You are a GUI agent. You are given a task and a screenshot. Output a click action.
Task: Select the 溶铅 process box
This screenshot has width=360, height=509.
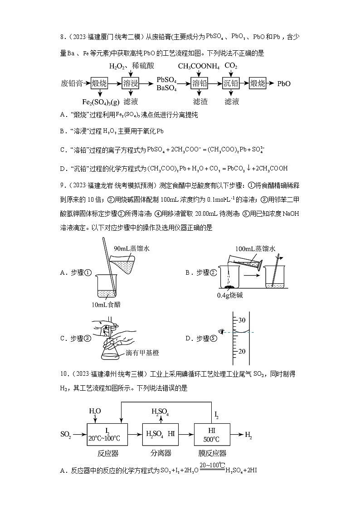click(199, 83)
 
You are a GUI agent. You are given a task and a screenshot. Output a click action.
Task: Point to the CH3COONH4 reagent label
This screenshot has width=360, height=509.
click(199, 67)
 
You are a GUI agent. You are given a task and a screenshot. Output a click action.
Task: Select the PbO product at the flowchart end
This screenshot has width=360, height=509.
click(284, 83)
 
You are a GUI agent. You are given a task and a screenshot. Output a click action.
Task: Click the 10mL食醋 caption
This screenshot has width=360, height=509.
click(106, 305)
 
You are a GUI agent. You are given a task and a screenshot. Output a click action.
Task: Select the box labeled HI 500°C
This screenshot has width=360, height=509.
click(211, 434)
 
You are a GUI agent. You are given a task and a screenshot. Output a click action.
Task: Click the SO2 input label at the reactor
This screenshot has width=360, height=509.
click(66, 434)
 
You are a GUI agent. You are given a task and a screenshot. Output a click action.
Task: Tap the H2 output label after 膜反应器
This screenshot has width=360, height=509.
click(248, 435)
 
